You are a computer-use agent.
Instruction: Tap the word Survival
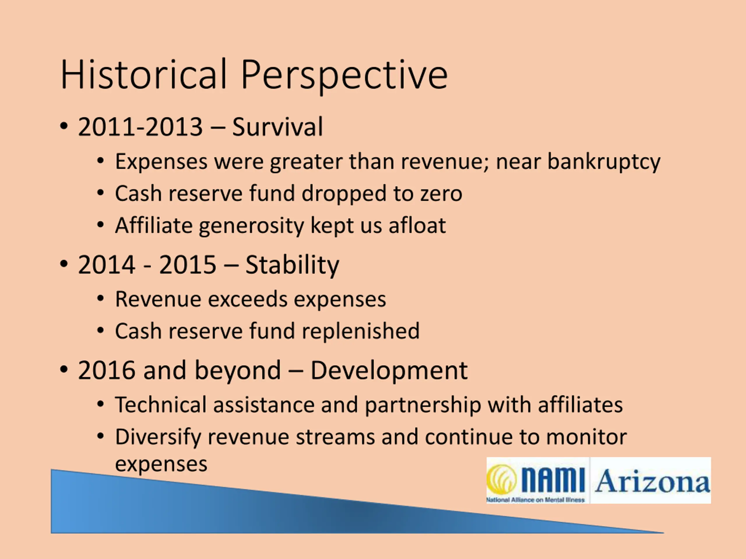click(277, 127)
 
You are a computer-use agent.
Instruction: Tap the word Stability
click(292, 266)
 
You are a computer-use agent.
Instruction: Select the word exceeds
click(247, 299)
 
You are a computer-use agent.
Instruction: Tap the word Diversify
click(158, 437)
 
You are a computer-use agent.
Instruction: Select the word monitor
click(586, 437)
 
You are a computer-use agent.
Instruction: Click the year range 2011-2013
click(140, 127)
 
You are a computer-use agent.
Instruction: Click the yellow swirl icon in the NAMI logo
click(501, 480)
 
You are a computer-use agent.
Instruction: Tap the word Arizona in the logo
click(652, 481)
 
